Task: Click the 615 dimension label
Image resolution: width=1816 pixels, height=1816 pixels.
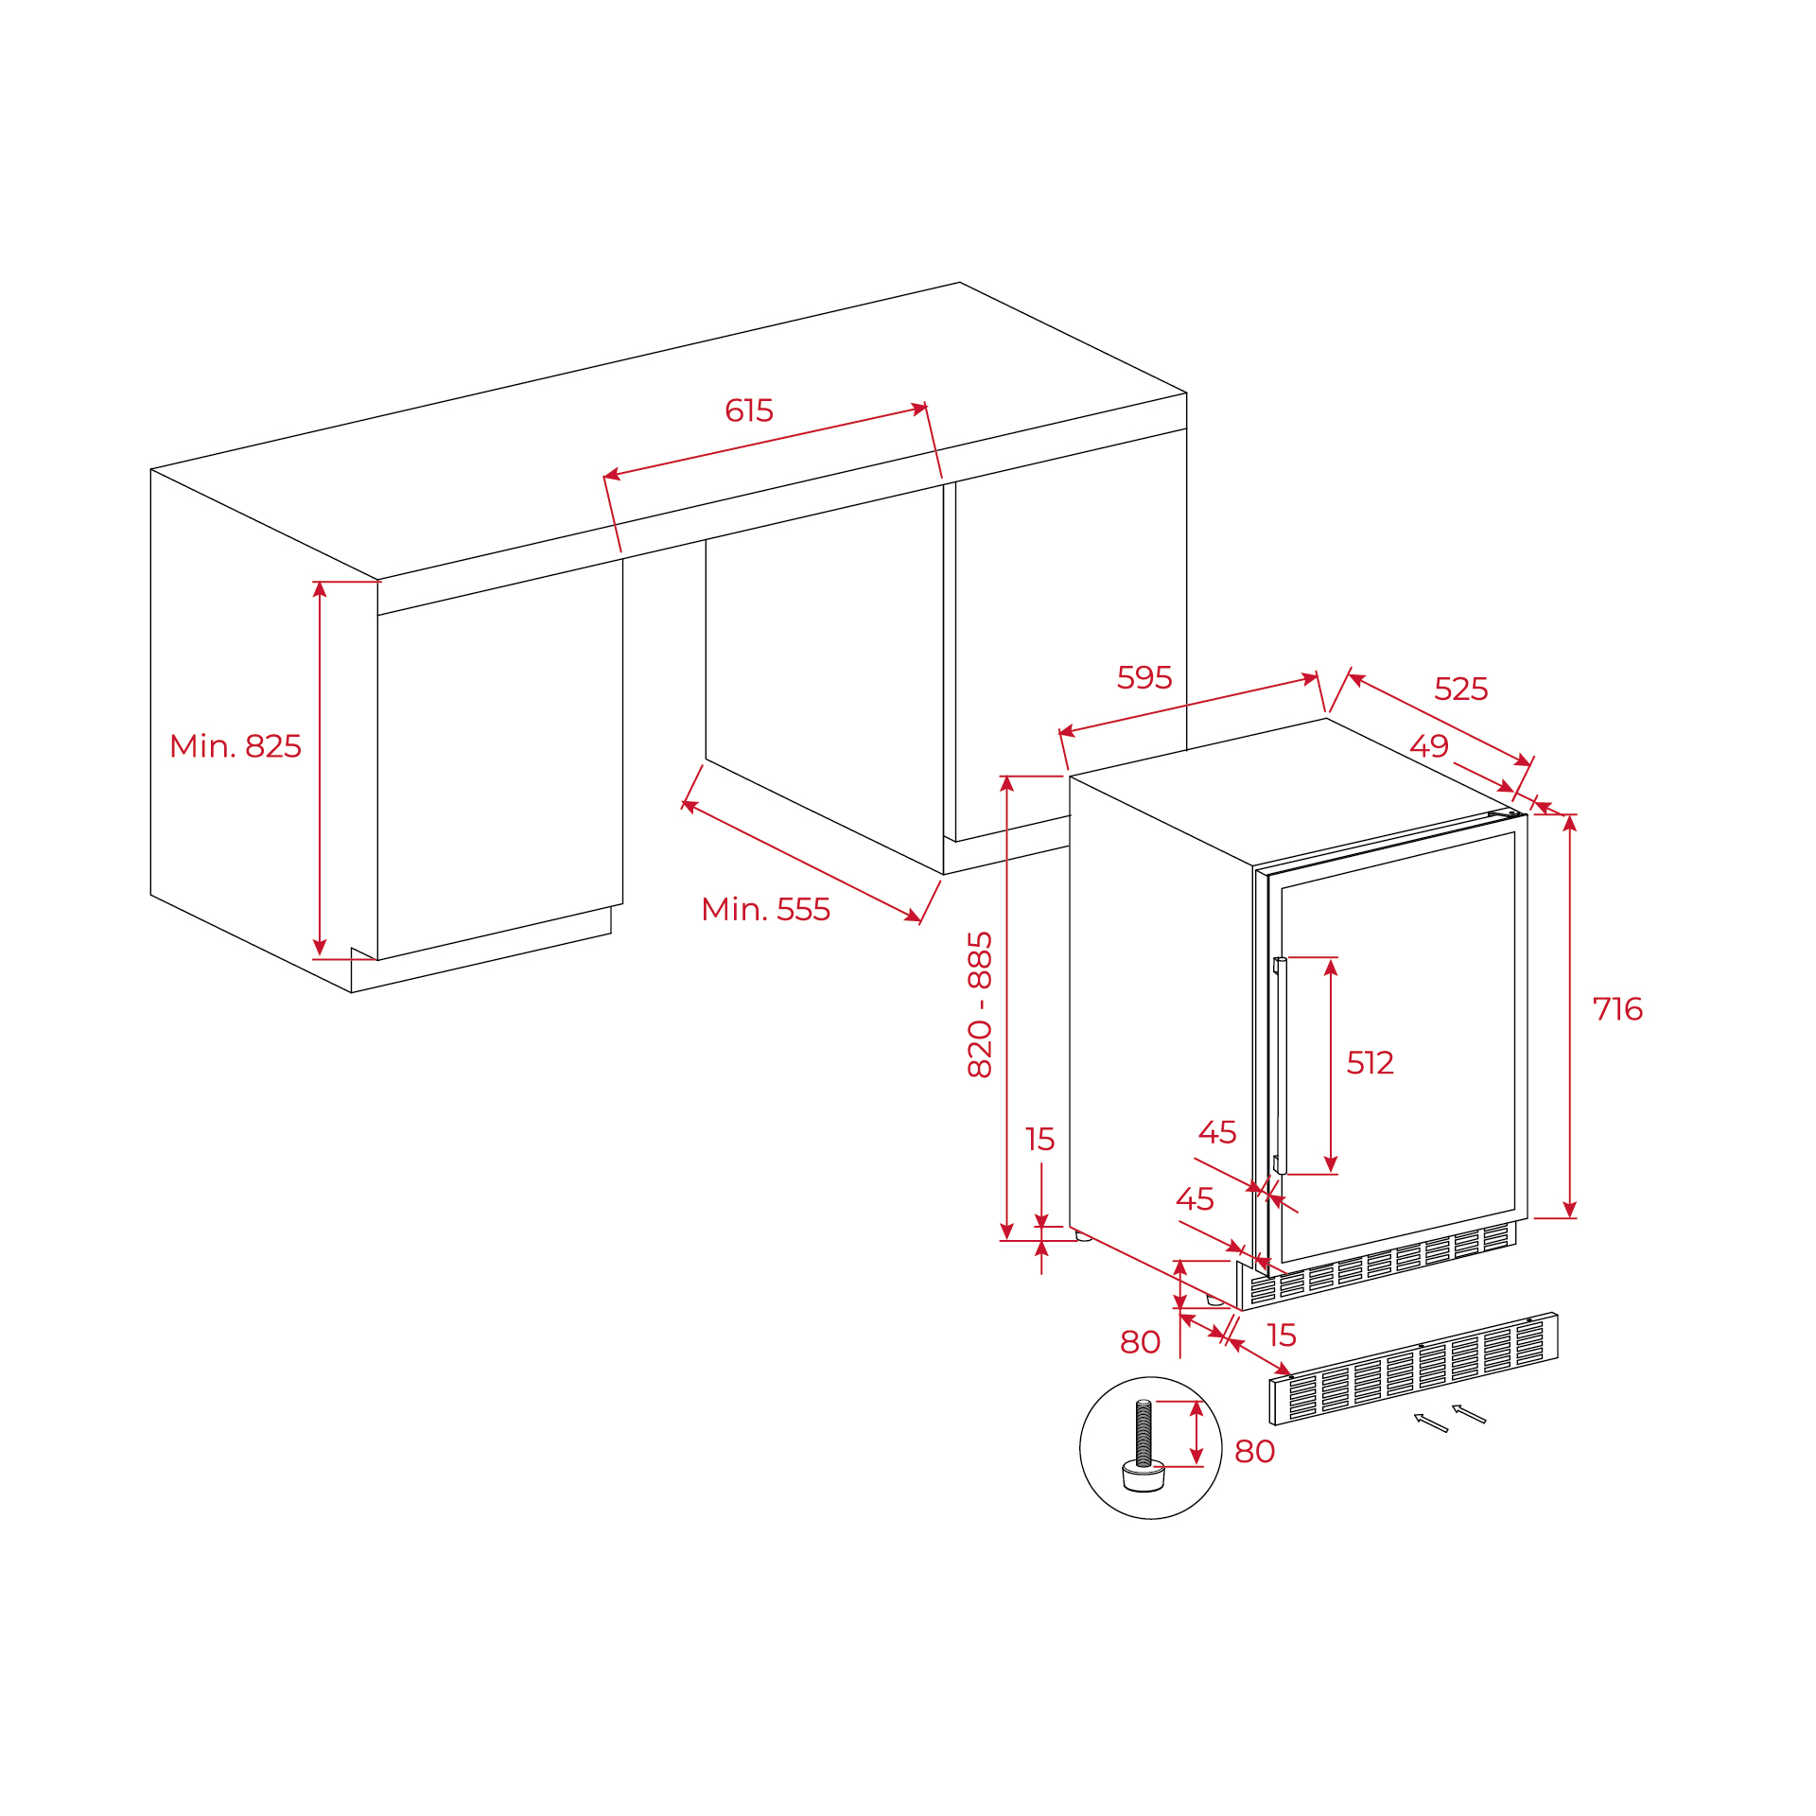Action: coord(749,410)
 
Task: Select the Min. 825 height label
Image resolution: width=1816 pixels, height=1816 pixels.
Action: coord(236,746)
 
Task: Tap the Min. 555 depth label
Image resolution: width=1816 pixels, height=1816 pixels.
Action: coord(766,910)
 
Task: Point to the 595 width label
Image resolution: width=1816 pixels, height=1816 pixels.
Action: coord(1144,677)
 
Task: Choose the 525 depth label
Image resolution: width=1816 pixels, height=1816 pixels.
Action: coord(1461,689)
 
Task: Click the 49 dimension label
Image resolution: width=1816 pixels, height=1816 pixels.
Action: coord(1429,746)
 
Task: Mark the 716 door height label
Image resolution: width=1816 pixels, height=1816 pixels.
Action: coord(1617,1009)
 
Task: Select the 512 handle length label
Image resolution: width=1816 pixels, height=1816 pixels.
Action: coord(1371,1063)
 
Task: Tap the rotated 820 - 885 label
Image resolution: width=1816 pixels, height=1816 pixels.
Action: coord(980,1004)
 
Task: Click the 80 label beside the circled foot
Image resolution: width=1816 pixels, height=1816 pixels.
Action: coord(1255,1451)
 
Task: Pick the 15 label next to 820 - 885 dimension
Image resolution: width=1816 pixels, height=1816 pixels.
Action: coord(1039,1140)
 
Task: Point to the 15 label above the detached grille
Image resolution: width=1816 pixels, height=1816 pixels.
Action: coord(1282,1336)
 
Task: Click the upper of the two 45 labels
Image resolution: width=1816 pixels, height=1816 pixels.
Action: coord(1217,1132)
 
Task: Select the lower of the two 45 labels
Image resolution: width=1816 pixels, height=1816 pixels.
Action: coord(1195,1199)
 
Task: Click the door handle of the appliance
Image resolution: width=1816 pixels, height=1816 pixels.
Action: coord(1279,1066)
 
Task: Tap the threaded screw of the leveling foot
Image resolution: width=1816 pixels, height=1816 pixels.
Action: coord(1144,1434)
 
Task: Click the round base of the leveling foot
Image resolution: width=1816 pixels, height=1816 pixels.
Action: coord(1143,1476)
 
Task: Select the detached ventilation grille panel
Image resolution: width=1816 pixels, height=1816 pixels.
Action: coord(1413,1369)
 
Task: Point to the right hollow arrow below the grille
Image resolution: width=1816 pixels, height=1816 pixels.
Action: coord(1469,1413)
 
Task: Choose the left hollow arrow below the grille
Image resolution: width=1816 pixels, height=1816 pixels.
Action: coord(1431,1423)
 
